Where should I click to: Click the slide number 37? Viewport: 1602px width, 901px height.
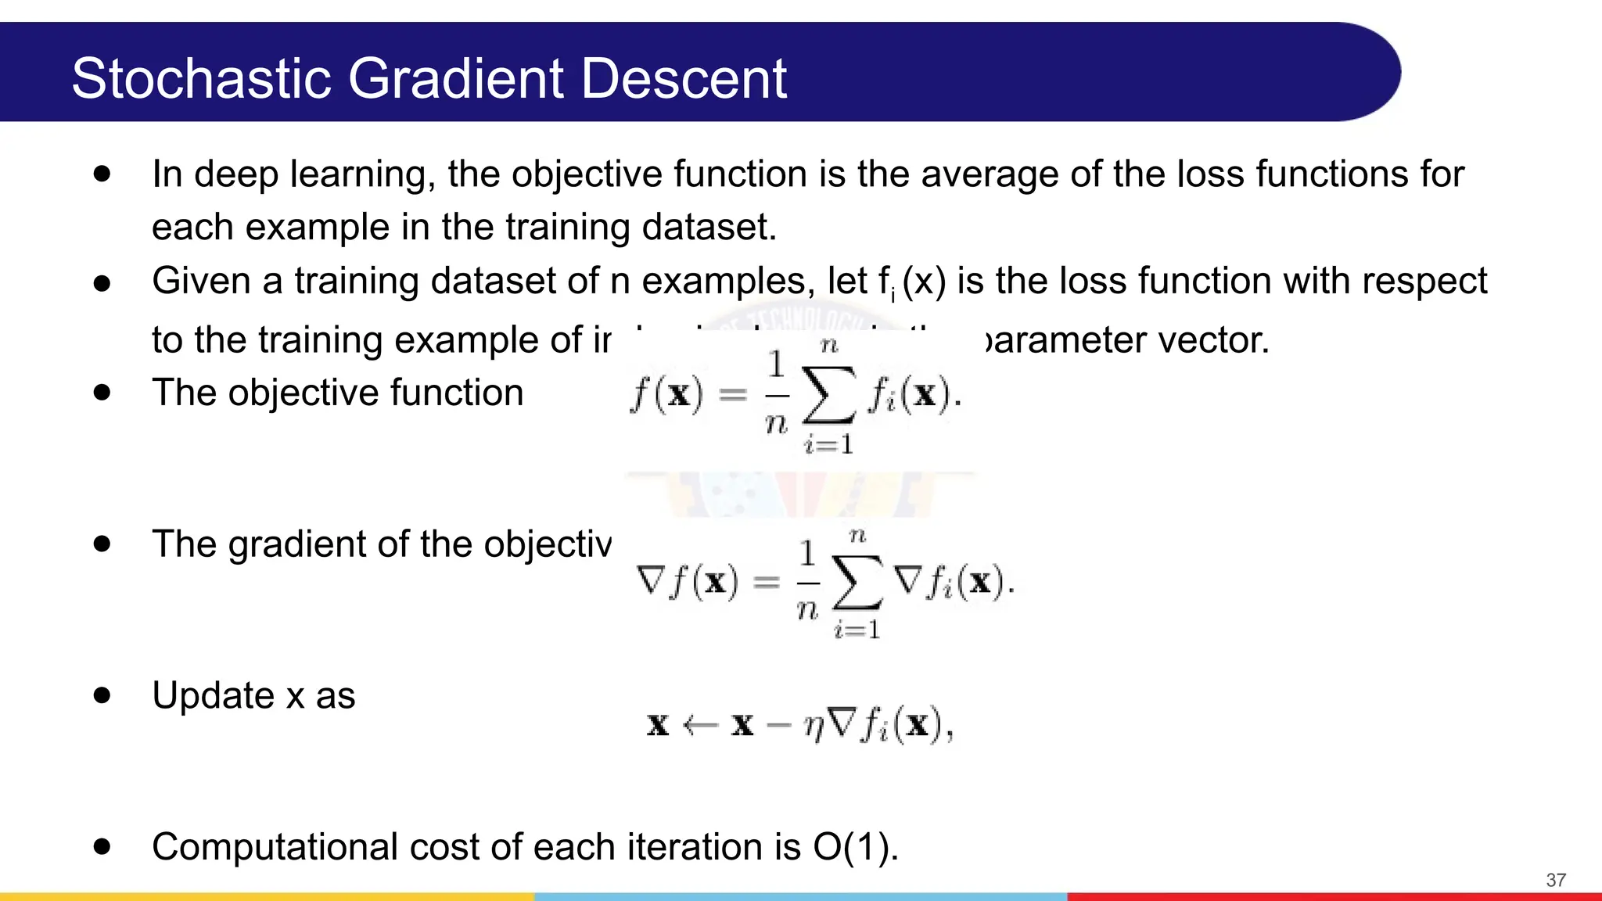(x=1556, y=880)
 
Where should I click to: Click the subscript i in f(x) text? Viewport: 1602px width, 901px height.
(x=893, y=296)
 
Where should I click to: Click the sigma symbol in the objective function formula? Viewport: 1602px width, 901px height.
(x=828, y=397)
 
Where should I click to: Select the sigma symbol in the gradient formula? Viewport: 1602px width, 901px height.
(x=857, y=583)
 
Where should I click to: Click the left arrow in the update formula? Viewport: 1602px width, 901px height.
(x=700, y=726)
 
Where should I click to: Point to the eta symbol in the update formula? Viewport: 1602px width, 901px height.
(x=814, y=727)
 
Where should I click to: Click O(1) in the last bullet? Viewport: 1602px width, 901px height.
(x=855, y=847)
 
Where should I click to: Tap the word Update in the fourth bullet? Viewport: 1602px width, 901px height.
(x=214, y=695)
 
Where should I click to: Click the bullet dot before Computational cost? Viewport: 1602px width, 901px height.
(x=102, y=846)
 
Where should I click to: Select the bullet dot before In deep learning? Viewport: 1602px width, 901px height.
(x=102, y=174)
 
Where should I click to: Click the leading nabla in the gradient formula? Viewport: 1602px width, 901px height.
(x=651, y=580)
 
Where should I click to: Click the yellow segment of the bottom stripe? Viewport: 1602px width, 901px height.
(x=266, y=896)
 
